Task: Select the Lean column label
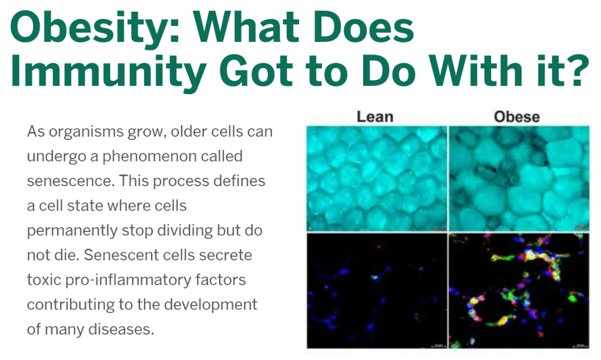[x=375, y=117]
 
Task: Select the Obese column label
[x=516, y=117]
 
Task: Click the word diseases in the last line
[x=121, y=329]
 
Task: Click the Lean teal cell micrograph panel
[x=377, y=179]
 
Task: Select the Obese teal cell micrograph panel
[x=519, y=179]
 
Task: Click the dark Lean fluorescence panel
[x=377, y=291]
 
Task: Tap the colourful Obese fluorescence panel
[x=519, y=291]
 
